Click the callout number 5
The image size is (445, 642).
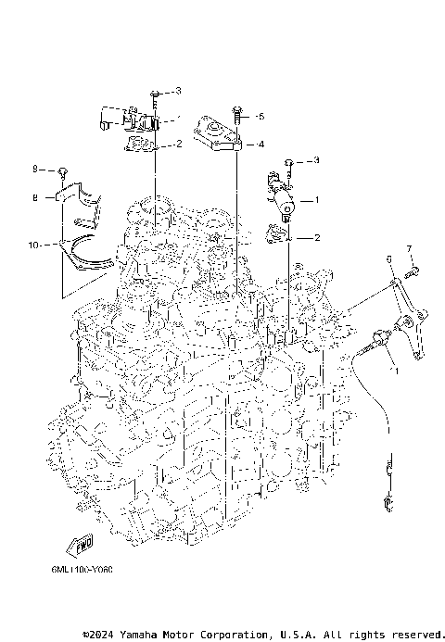(261, 117)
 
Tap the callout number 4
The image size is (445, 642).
(261, 145)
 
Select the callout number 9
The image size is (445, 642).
(35, 170)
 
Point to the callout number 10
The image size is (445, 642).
(34, 245)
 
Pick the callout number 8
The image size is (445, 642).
(35, 197)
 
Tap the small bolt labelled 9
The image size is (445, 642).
(63, 171)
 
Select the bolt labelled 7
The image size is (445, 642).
(414, 271)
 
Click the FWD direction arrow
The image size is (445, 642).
(83, 543)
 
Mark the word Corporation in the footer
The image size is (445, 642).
(226, 635)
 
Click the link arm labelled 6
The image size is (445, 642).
(408, 324)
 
